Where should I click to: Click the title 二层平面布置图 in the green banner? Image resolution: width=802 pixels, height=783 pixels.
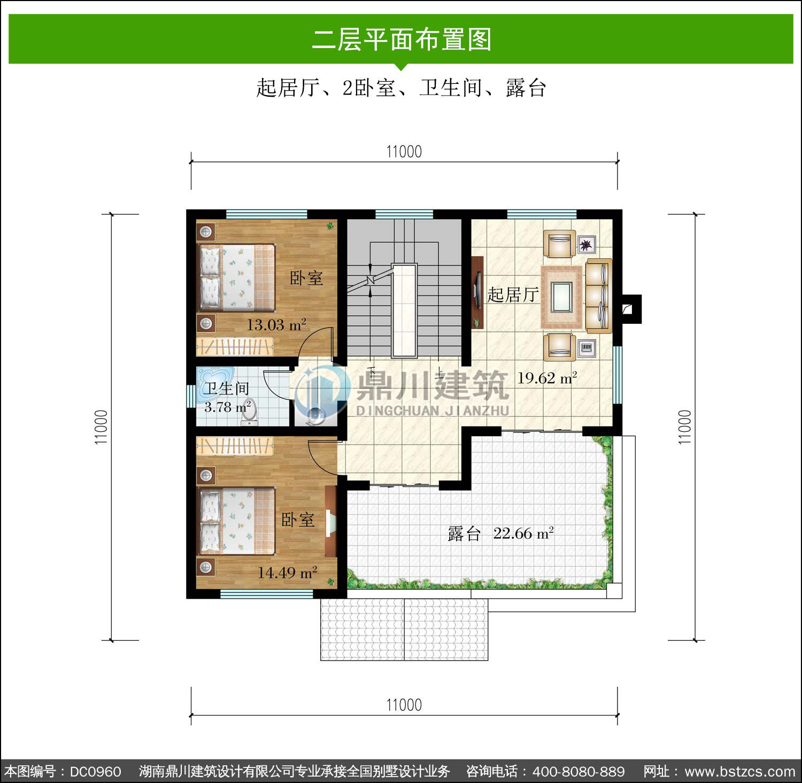click(402, 39)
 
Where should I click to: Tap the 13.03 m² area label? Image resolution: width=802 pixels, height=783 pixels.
click(276, 324)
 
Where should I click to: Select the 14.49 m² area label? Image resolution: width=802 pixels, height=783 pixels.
click(288, 572)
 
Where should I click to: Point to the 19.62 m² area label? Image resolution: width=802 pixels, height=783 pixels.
click(547, 378)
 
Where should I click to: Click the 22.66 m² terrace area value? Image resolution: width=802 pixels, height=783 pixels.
click(523, 533)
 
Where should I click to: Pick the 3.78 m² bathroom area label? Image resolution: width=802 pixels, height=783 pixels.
click(228, 407)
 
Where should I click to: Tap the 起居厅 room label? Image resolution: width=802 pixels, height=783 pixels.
click(512, 294)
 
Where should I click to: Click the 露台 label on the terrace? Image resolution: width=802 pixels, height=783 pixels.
click(464, 533)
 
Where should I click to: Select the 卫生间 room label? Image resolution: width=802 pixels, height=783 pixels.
click(226, 389)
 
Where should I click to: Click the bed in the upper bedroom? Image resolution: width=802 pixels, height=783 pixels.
click(236, 277)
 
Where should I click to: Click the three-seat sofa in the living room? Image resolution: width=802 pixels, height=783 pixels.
click(598, 296)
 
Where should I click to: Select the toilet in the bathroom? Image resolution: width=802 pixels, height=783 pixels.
click(249, 413)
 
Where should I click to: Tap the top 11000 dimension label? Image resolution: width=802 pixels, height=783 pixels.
click(404, 152)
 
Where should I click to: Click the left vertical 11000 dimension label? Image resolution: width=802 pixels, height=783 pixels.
click(101, 427)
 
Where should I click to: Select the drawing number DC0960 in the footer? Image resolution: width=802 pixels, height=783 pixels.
click(95, 771)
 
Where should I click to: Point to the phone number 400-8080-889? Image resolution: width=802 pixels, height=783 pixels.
click(579, 771)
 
